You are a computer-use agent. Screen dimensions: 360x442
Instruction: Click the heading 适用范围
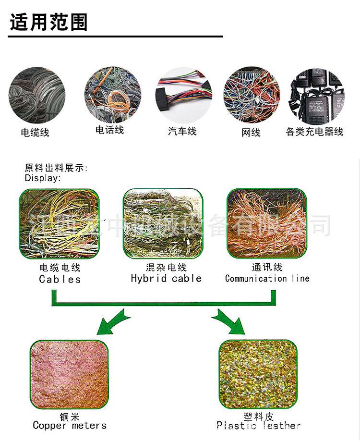tap(48, 22)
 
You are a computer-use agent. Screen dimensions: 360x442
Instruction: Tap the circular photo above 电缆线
tap(36, 95)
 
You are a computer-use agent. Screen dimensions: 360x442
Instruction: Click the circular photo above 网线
tap(251, 95)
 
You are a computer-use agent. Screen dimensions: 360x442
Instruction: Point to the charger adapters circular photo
tap(317, 96)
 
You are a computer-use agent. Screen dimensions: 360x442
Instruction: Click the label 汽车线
tap(182, 131)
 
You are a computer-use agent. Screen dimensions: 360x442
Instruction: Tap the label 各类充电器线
tap(314, 132)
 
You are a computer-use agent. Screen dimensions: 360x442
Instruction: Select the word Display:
tap(43, 178)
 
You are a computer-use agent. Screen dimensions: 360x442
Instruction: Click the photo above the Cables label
tap(59, 223)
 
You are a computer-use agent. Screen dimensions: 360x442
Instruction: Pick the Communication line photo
tap(266, 222)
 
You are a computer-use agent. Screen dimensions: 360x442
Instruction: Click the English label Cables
tap(60, 279)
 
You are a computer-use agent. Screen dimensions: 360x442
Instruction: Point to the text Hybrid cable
tap(166, 278)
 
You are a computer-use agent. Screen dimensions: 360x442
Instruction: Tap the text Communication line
tap(267, 278)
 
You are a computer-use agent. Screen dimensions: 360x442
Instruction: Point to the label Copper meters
tap(70, 425)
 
